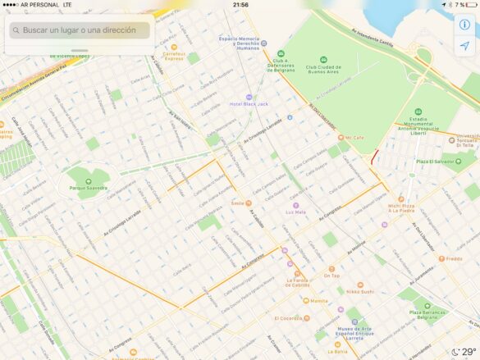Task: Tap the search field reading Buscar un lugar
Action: [x=79, y=30]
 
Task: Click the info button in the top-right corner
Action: [x=464, y=25]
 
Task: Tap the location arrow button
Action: [x=464, y=46]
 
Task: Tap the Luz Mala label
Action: [x=295, y=212]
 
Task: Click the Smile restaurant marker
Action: [x=237, y=203]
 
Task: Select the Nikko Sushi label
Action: [x=359, y=291]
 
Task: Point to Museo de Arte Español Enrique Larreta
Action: [x=354, y=330]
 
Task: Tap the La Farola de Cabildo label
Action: [x=297, y=284]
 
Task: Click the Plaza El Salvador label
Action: [x=434, y=162]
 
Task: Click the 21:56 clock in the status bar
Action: [x=240, y=4]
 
